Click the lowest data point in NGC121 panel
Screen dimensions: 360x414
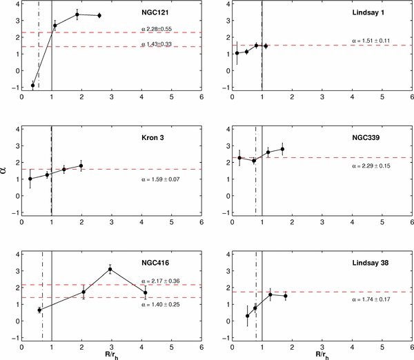32,86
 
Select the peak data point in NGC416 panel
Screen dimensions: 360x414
110,270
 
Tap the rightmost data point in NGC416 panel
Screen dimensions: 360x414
145,293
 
